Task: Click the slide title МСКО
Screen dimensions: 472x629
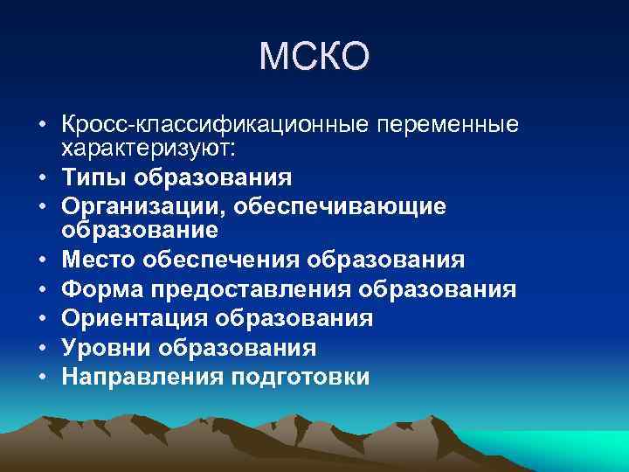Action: [x=314, y=58]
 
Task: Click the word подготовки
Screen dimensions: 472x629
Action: [x=298, y=377]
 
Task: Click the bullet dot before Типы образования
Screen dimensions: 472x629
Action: [x=42, y=178]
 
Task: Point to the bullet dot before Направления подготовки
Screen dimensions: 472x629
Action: [x=42, y=378]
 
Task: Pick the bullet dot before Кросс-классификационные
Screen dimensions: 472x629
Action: [x=42, y=126]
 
